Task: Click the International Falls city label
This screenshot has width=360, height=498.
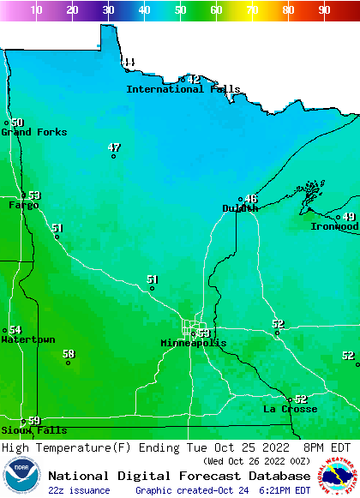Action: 183,89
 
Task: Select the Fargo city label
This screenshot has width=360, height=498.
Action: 23,206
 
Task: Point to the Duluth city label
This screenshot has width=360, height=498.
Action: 240,208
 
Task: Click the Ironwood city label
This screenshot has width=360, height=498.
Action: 334,226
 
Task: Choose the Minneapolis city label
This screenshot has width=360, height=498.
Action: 194,343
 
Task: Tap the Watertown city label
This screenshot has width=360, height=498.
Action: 27,340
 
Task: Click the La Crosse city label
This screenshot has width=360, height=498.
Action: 290,409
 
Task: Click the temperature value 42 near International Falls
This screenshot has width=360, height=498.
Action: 194,79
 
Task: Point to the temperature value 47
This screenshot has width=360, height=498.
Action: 114,147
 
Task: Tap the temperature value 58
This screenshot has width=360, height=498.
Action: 69,353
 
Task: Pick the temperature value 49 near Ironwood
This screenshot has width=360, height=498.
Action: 349,217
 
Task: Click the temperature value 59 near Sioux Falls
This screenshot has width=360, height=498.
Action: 34,420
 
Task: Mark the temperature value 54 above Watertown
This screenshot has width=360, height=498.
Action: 15,330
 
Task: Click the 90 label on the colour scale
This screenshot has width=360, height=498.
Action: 324,10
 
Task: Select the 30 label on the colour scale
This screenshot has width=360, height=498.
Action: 108,10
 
